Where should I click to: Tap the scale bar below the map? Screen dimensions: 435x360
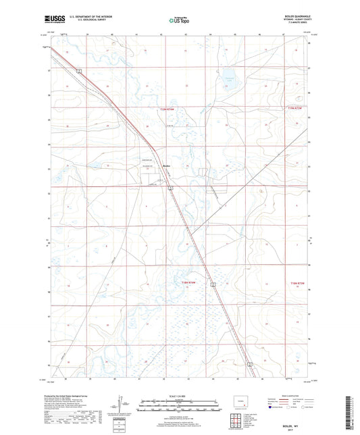(x=180, y=407)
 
